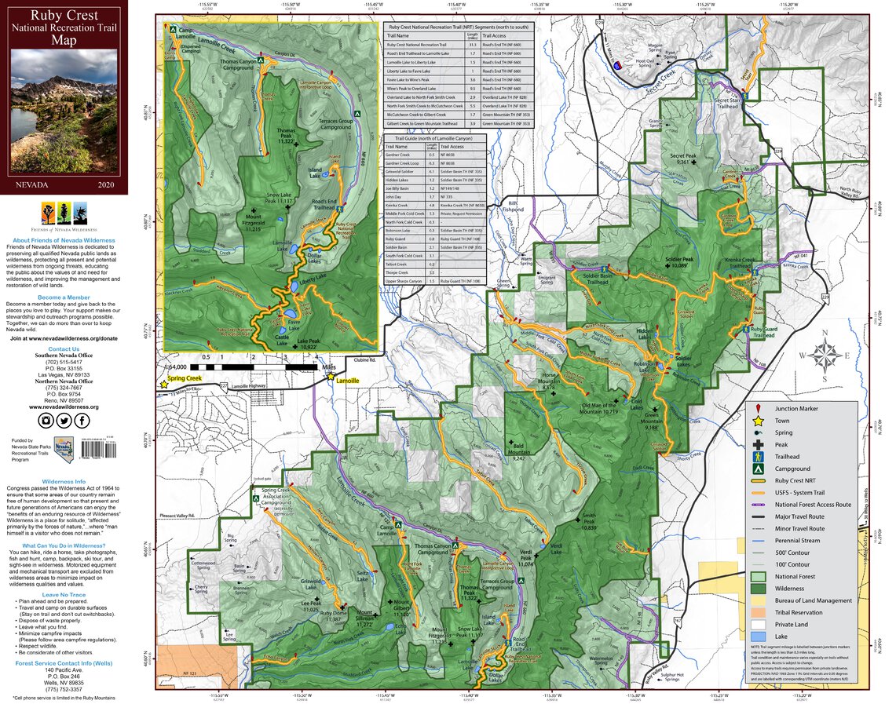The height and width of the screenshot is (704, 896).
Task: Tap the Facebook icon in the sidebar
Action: [x=82, y=421]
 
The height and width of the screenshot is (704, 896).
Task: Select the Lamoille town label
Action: [x=347, y=381]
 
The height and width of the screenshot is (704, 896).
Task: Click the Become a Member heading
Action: [x=64, y=297]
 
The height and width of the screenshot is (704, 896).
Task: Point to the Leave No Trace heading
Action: [x=64, y=595]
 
